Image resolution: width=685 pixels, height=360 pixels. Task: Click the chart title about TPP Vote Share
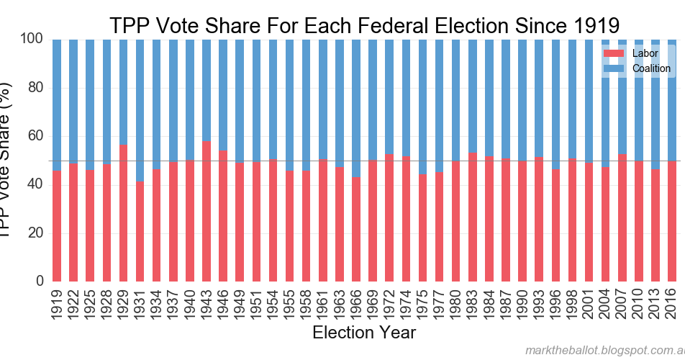point(363,24)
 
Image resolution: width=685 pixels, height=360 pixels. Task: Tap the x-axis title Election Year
point(363,333)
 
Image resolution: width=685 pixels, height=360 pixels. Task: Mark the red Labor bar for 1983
point(473,217)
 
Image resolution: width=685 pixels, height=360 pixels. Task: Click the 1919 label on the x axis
point(57,302)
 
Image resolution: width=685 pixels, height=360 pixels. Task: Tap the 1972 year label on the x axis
point(389,302)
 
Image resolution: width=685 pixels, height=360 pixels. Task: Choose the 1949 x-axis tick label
point(240,302)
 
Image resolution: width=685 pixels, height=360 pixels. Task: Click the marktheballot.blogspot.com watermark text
point(604,350)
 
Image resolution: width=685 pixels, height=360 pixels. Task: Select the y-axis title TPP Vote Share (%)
point(7,158)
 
